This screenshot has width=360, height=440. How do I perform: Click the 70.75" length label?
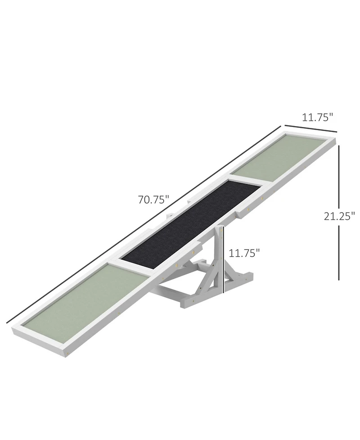point(153,199)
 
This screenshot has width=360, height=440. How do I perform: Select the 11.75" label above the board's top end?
point(317,118)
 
